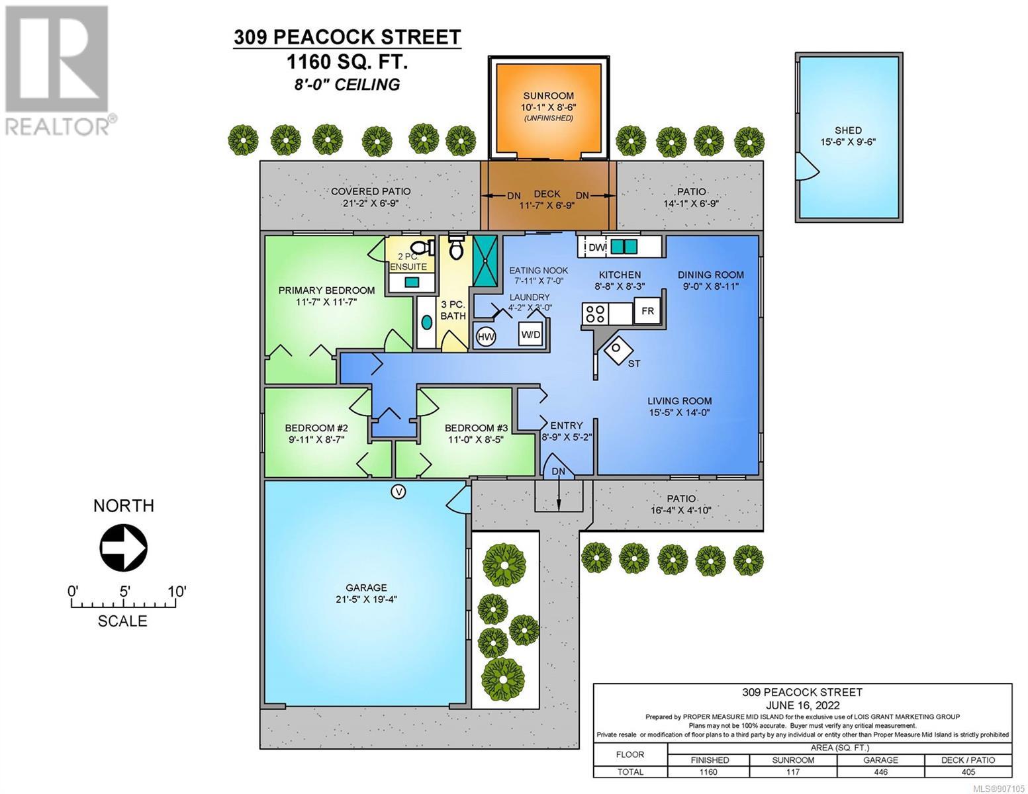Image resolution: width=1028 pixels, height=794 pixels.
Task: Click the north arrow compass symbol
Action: pyautogui.click(x=123, y=548)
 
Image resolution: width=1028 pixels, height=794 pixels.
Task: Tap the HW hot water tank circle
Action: pyautogui.click(x=486, y=337)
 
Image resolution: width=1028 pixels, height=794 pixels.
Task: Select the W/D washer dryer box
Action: pyautogui.click(x=530, y=334)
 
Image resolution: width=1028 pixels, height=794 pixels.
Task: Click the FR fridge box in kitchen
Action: pyautogui.click(x=647, y=311)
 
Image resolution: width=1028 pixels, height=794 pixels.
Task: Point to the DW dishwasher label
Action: pyautogui.click(x=596, y=247)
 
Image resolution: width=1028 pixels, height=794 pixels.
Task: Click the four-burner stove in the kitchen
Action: pyautogui.click(x=595, y=314)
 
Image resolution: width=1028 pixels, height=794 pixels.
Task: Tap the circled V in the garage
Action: pyautogui.click(x=398, y=492)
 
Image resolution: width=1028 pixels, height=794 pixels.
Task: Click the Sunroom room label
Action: pyautogui.click(x=548, y=96)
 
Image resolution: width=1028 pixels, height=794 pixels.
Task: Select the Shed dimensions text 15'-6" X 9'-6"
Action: pyautogui.click(x=848, y=142)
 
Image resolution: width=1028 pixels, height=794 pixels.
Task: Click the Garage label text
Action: pyautogui.click(x=366, y=588)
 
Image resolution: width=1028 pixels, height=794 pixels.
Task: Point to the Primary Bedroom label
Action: pyautogui.click(x=326, y=290)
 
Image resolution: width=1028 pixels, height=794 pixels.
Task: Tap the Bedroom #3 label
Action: pyautogui.click(x=476, y=428)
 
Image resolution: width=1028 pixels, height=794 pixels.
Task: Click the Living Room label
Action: pyautogui.click(x=679, y=401)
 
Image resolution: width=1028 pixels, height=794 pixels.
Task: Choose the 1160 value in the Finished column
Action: pyautogui.click(x=708, y=772)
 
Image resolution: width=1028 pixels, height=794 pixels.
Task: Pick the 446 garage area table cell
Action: pyautogui.click(x=880, y=772)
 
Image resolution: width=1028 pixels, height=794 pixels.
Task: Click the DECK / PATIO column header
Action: pyautogui.click(x=968, y=760)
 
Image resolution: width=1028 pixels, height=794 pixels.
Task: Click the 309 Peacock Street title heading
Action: pyautogui.click(x=348, y=37)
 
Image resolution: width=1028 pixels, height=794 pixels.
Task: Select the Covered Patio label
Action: pyautogui.click(x=371, y=191)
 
